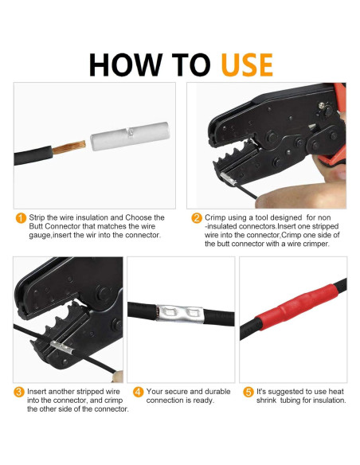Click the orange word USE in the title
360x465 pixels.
tap(247, 64)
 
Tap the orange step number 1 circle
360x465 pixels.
tap(21, 218)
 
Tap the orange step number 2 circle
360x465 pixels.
tap(197, 218)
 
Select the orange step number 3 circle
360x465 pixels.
tap(18, 392)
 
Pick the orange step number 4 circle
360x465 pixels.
tap(139, 392)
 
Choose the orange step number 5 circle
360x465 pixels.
tap(248, 392)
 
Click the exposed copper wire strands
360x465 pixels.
tap(68, 147)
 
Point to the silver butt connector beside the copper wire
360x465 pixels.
tap(130, 136)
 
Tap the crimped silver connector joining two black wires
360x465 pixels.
tap(180, 314)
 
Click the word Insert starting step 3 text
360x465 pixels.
tap(37, 392)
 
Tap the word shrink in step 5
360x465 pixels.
tap(267, 401)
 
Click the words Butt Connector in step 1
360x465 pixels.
tap(55, 226)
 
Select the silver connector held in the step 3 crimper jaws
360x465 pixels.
tap(61, 348)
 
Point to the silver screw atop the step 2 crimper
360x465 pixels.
tap(321, 105)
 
